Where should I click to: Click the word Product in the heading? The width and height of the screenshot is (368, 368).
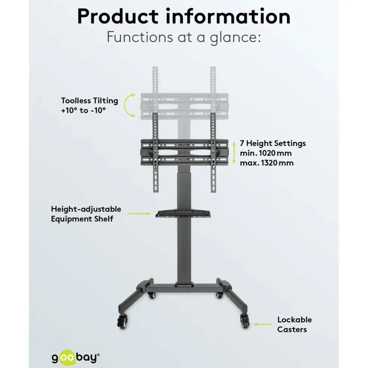118,17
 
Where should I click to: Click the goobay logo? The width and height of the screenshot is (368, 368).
75,358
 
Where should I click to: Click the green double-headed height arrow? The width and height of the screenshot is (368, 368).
234,153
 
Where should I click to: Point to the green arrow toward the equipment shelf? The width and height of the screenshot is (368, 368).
139,214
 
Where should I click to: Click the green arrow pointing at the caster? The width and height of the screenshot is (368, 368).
263,324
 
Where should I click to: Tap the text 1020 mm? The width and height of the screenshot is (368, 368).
275,153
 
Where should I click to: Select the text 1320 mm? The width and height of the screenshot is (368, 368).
277,163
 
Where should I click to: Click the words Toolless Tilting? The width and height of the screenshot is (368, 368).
90,101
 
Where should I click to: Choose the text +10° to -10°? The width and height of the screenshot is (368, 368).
83,110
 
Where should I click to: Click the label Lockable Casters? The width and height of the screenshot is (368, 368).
294,324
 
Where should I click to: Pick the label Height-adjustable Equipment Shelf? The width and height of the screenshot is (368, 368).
86,214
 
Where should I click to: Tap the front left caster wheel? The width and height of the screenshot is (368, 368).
122,321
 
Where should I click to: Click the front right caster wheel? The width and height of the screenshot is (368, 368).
244,320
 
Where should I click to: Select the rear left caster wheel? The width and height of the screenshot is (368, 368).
152,295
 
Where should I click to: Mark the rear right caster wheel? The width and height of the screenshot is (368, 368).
219,295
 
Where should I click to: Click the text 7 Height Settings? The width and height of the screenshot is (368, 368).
273,143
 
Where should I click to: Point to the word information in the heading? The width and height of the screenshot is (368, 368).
228,17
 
